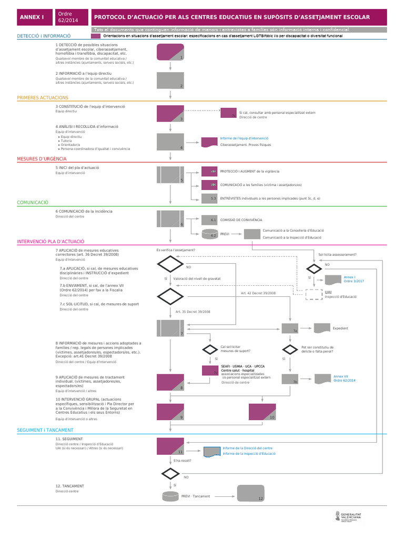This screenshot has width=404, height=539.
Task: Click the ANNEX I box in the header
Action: pyautogui.click(x=33, y=17)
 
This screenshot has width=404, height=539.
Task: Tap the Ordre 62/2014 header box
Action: pyautogui.click(x=70, y=17)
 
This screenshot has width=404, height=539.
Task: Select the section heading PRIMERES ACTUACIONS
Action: pyautogui.click(x=43, y=97)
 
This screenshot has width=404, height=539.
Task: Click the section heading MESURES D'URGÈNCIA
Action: pyautogui.click(x=42, y=158)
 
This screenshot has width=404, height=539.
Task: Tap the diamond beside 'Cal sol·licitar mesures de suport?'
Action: pyautogui.click(x=210, y=349)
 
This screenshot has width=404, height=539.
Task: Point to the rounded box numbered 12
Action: pyautogui.click(x=250, y=493)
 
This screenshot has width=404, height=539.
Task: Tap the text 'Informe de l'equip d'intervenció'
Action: pyautogui.click(x=244, y=138)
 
